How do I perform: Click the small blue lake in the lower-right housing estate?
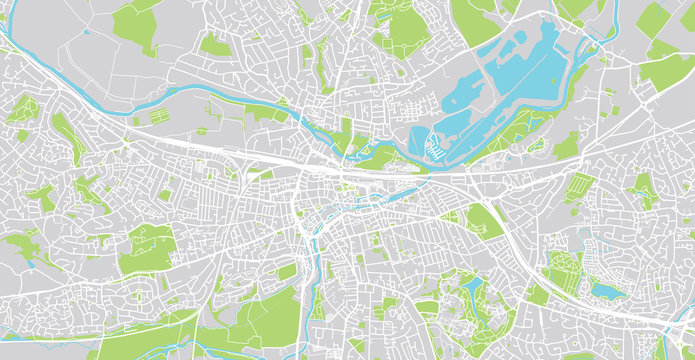click(x=604, y=290)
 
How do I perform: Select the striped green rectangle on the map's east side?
click(x=578, y=187)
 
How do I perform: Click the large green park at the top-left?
click(x=135, y=25)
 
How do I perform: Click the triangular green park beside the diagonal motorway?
click(x=484, y=221)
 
